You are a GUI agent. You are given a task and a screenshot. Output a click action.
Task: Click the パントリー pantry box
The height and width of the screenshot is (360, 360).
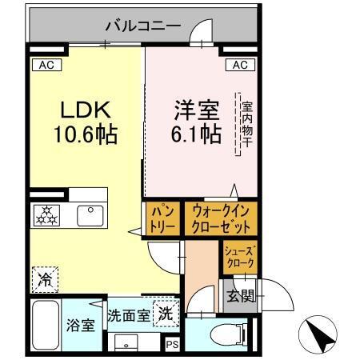162,217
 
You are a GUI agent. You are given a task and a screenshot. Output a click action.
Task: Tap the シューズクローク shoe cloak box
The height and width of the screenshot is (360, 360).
239,256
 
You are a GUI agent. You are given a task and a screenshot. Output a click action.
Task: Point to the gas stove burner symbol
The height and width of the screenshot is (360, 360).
46,214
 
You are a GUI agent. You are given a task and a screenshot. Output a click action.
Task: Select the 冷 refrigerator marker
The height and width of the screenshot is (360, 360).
44,279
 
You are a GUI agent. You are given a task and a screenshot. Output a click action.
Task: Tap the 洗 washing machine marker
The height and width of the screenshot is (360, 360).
165,313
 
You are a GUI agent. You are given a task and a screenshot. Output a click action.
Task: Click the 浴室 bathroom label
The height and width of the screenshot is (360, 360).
79,326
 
